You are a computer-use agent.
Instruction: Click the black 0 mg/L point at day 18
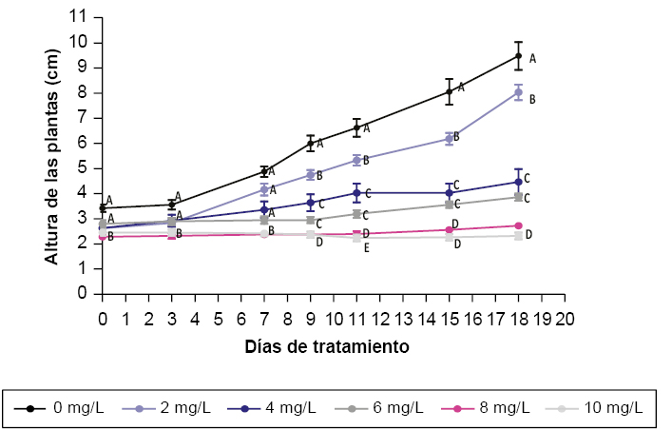(519, 56)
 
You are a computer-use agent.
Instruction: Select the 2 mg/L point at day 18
(519, 92)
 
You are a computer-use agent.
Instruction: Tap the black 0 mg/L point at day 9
(311, 143)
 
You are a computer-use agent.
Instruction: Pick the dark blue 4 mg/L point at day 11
(356, 193)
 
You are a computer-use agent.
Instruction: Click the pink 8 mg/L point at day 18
(519, 225)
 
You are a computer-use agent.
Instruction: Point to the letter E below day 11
(367, 247)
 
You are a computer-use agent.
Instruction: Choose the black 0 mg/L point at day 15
(450, 92)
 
